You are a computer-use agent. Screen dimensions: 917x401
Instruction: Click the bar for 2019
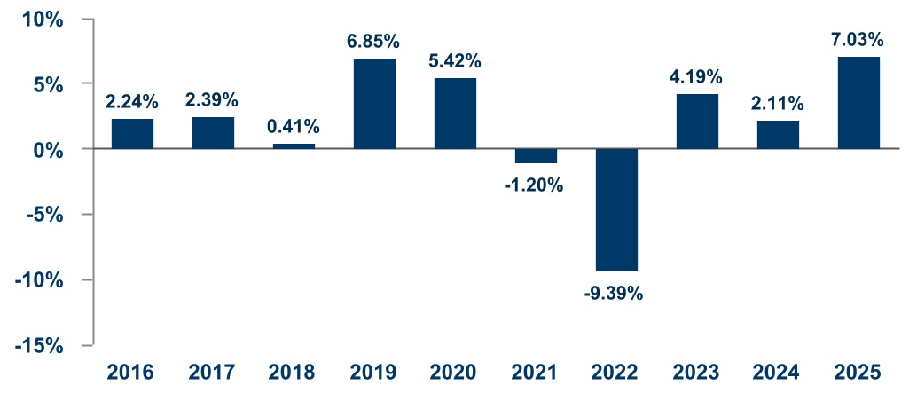coord(374,104)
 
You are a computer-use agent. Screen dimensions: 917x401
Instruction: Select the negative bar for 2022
coord(616,210)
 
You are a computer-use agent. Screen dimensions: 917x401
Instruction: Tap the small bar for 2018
coord(294,146)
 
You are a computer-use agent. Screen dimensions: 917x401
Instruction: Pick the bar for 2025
coord(858,102)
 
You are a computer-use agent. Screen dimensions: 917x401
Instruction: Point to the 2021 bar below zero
coord(536,156)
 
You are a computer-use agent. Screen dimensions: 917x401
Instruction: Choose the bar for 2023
coord(697,122)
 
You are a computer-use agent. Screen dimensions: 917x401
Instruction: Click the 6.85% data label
coord(374,43)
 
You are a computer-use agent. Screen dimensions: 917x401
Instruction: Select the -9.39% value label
coord(615,293)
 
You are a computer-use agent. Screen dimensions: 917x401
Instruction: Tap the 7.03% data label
coord(858,41)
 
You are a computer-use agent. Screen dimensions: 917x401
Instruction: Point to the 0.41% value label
coord(294,127)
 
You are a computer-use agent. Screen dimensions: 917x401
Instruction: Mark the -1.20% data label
coord(535,186)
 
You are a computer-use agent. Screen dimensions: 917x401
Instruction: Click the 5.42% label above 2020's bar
coord(455,61)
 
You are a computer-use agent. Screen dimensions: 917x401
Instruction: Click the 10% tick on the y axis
coord(43,19)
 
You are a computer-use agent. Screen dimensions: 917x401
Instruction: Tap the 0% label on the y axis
coord(48,149)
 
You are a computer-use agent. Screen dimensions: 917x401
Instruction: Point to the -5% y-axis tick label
coord(43,215)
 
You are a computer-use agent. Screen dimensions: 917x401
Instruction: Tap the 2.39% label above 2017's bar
coord(213,100)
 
